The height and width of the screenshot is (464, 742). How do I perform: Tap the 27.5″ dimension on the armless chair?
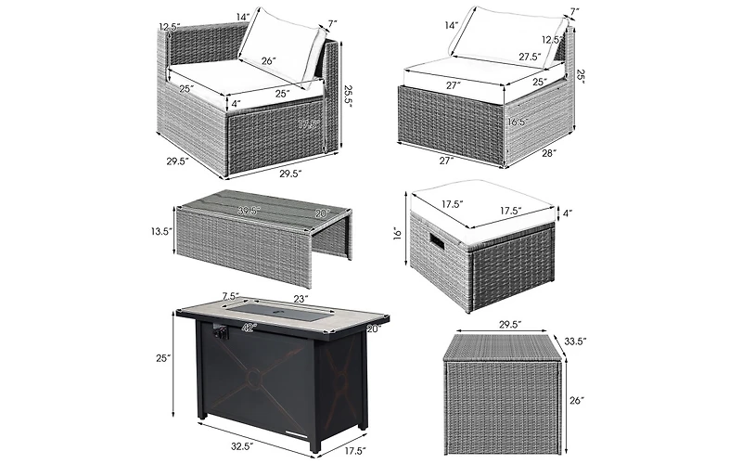531,58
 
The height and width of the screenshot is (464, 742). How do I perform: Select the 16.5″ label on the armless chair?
516,122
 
